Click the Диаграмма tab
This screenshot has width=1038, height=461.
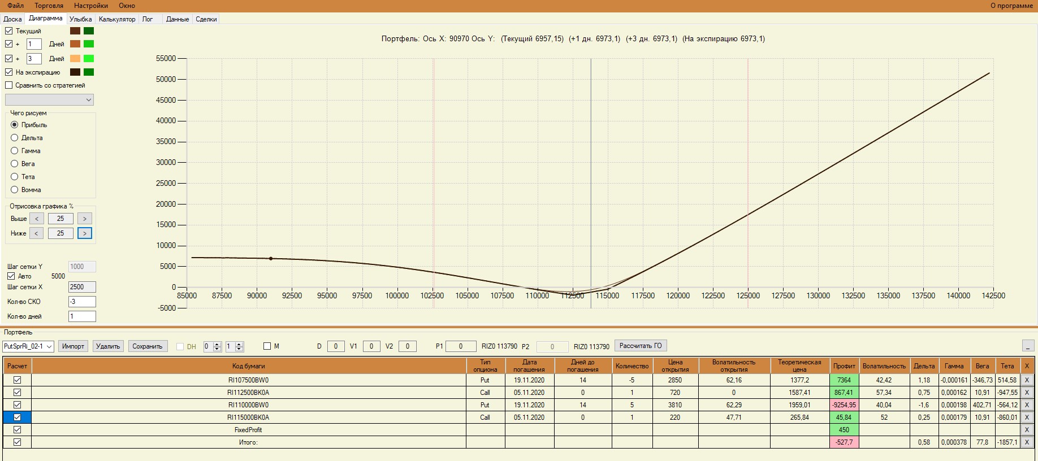coord(45,18)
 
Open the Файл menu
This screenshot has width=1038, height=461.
coord(15,6)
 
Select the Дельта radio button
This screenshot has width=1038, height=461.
coord(15,138)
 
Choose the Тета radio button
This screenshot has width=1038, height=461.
coord(15,177)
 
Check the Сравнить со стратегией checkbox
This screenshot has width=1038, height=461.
coord(9,85)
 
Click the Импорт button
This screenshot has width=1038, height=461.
coord(73,346)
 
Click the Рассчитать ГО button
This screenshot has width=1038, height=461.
coord(640,346)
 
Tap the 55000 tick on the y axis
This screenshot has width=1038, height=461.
coord(166,58)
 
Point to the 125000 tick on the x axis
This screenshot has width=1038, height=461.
coord(748,295)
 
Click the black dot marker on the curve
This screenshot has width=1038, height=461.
coord(271,259)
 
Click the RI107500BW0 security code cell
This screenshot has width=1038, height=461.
coord(248,380)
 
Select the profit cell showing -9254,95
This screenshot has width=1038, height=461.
coord(844,405)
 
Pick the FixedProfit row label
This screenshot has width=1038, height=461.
coord(248,430)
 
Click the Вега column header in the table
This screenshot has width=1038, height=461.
coord(982,366)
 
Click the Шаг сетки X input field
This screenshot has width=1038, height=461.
coord(82,287)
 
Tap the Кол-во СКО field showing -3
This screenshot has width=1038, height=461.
coord(82,302)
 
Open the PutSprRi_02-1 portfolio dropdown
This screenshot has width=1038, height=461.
coord(28,346)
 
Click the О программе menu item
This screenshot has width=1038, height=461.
coord(1011,6)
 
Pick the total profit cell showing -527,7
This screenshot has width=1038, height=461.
coord(844,442)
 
